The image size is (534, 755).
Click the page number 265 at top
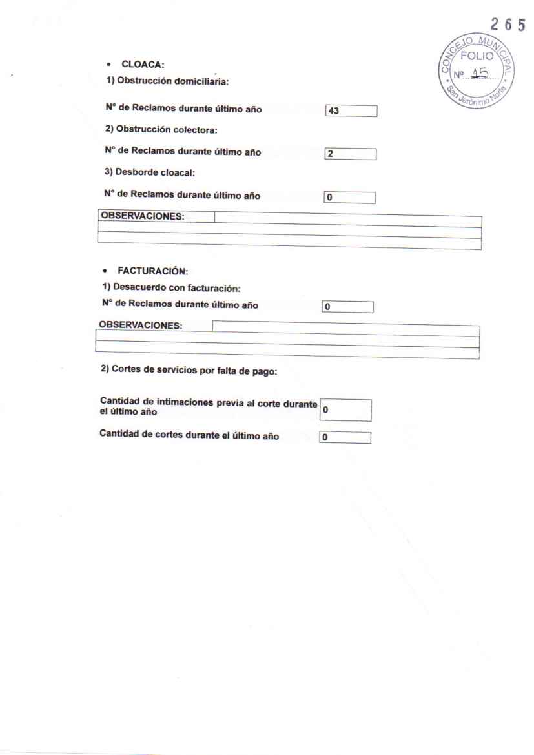[508, 25]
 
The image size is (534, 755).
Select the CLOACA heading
[131, 65]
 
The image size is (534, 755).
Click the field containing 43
[351, 111]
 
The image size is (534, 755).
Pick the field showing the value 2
[351, 154]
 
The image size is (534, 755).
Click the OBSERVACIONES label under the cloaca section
[143, 216]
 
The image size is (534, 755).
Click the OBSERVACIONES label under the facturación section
[141, 325]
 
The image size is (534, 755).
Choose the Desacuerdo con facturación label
[168, 288]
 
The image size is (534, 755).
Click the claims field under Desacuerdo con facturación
[347, 307]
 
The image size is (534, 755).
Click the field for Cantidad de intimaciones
[345, 410]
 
